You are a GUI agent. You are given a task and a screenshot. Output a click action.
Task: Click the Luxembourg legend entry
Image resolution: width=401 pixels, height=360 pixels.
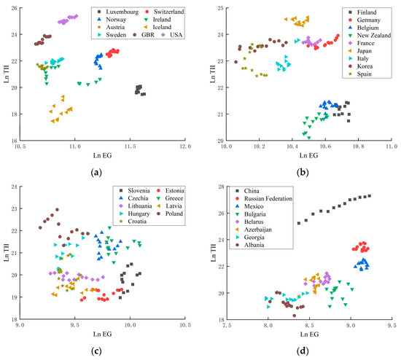(120, 12)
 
